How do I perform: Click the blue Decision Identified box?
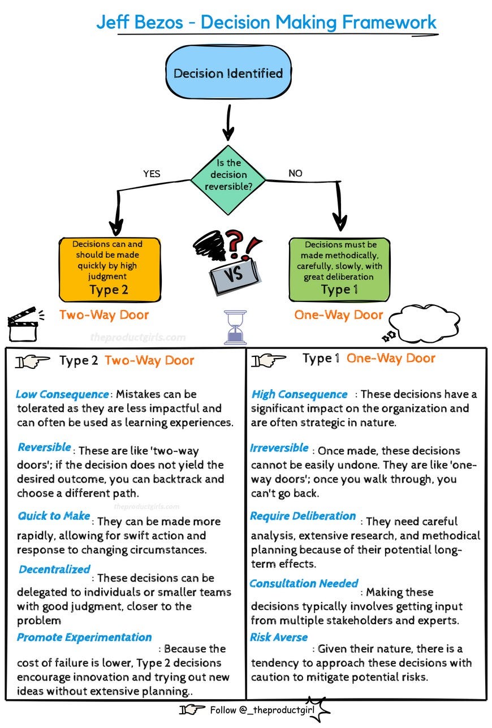point(227,73)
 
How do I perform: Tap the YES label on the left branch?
point(152,174)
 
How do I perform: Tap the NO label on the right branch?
point(295,174)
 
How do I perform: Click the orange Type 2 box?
point(110,269)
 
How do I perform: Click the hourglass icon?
point(235,327)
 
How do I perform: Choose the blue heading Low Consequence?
point(62,394)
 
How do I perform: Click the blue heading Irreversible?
point(279,449)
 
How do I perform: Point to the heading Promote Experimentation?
point(84,637)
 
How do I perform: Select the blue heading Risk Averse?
point(279,637)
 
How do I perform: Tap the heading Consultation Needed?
point(304,583)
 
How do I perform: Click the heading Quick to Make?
point(54,516)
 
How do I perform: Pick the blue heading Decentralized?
point(54,570)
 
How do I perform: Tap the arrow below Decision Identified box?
point(227,121)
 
